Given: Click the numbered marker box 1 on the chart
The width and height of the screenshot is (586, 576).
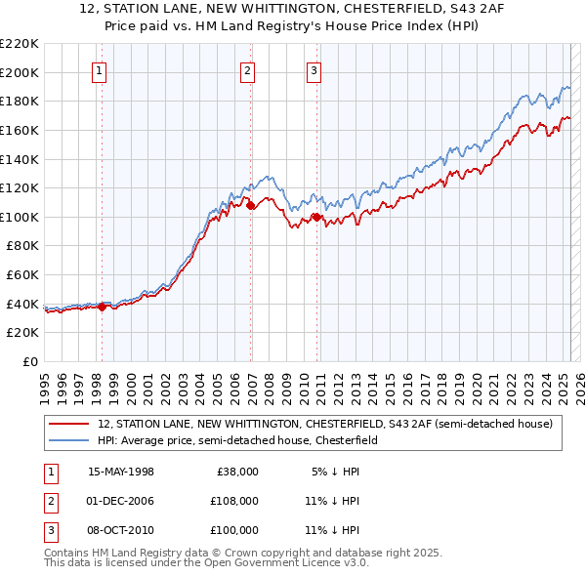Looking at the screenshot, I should (101, 69).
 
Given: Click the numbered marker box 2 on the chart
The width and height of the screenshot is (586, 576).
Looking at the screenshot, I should (248, 69).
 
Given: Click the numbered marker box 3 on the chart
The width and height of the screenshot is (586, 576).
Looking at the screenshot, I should (314, 69).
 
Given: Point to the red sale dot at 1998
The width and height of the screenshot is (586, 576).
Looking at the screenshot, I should (102, 307).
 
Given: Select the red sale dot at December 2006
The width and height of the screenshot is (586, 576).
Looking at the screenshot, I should (250, 206).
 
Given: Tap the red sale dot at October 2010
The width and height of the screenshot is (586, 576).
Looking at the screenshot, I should (316, 217).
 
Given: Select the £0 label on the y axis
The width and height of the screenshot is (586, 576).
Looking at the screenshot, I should (29, 362).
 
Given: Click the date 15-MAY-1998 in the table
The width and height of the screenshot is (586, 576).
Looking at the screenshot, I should (121, 472).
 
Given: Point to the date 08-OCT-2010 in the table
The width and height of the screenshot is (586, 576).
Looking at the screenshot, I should (121, 530).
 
